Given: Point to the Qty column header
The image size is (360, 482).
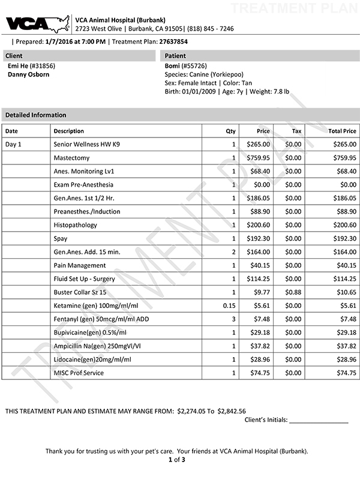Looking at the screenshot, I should click(230, 131).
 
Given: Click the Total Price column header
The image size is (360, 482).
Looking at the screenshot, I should click(342, 131).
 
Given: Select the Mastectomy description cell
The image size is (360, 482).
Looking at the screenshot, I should click(71, 158).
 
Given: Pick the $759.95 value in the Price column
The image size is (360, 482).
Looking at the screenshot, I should click(259, 158).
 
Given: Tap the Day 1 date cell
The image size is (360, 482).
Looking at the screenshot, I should click(13, 145).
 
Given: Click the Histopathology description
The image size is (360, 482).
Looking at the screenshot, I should click(75, 224).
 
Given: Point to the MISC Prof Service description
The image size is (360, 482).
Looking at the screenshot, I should click(79, 373).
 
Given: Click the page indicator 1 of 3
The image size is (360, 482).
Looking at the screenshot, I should click(179, 460).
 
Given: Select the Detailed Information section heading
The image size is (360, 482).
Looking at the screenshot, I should click(36, 115).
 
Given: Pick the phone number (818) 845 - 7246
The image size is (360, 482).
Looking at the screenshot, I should click(213, 29).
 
